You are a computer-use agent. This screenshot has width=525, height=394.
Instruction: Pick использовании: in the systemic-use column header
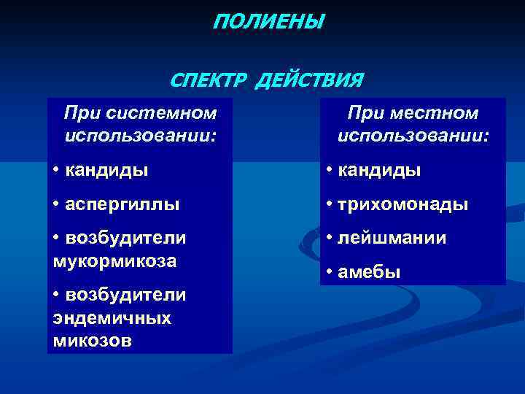[141, 136]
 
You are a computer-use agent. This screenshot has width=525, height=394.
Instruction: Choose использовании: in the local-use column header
[413, 136]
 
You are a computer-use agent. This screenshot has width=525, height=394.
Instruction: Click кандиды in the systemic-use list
[106, 171]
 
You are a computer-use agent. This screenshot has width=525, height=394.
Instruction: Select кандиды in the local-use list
[379, 171]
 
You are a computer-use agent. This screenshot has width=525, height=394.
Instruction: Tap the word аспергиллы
[122, 205]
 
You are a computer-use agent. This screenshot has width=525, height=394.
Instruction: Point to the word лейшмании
[391, 238]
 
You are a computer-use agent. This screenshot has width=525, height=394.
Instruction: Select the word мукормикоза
[114, 260]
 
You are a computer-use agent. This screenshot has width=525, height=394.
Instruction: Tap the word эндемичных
[112, 317]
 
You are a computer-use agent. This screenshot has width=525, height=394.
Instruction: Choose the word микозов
[93, 339]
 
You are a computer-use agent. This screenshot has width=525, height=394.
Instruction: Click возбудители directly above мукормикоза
[125, 239]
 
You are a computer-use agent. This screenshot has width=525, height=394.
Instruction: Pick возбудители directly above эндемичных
[125, 295]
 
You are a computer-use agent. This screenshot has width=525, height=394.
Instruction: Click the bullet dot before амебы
[330, 273]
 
